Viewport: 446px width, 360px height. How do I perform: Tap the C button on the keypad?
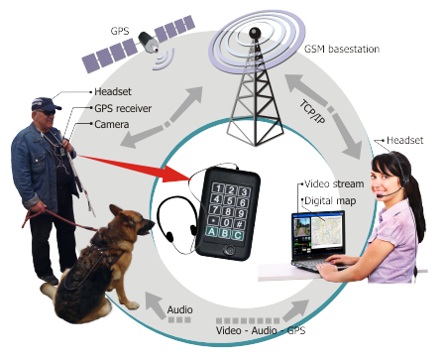tap(241, 234)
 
